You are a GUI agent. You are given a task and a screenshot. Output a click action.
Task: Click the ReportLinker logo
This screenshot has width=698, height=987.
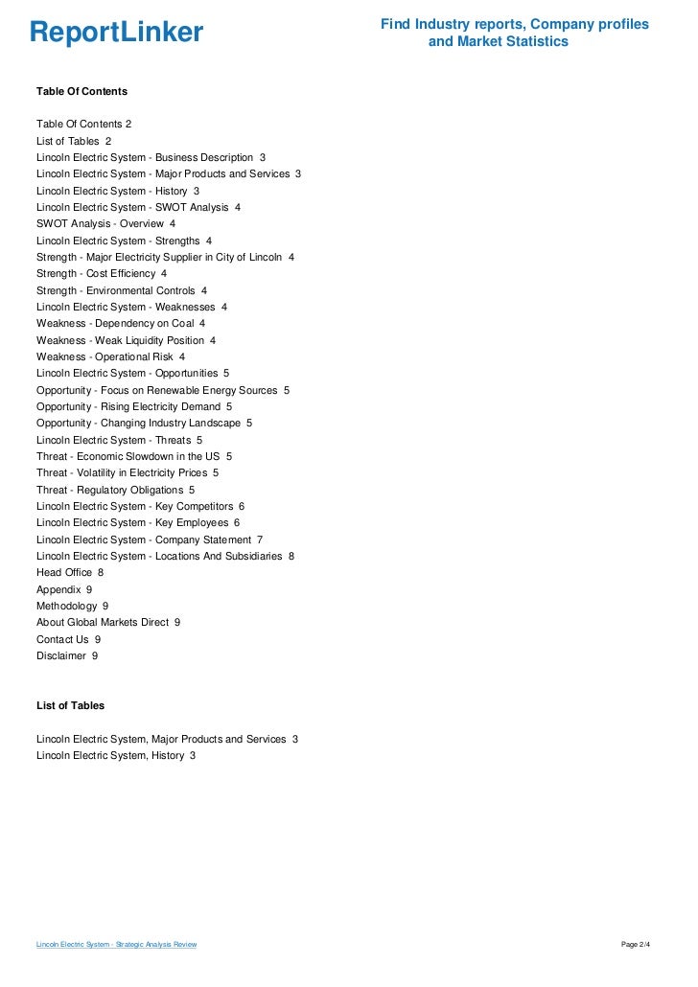tap(116, 33)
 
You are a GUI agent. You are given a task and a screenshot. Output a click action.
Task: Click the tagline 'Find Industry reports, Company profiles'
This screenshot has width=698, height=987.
tap(514, 23)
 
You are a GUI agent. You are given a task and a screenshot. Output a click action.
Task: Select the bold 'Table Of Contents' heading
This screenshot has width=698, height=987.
tap(81, 91)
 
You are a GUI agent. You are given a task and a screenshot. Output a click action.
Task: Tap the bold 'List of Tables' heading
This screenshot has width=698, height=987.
tap(70, 705)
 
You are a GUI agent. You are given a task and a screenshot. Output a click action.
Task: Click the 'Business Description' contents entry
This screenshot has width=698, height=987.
tap(151, 157)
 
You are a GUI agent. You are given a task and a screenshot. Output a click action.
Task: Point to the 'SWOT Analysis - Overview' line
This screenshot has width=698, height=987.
tap(105, 223)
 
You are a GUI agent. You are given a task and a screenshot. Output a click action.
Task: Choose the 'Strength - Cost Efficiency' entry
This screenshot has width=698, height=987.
tap(101, 273)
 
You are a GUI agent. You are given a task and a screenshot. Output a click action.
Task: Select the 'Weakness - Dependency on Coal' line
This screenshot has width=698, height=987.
tap(120, 323)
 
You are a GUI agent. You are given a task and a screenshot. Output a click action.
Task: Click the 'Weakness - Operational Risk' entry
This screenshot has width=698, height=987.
tap(110, 356)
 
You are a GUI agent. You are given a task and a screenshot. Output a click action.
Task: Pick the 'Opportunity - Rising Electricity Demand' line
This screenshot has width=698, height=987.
tap(133, 406)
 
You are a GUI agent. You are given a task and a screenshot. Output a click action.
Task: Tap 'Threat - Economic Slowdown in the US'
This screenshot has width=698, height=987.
tap(133, 456)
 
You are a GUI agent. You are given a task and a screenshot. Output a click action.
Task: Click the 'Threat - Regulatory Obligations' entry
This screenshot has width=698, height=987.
tap(115, 490)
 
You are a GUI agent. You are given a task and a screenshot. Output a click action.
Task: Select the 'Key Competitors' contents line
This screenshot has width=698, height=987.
tap(140, 506)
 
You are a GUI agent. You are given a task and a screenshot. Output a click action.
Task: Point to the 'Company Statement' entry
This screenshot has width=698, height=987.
tap(149, 539)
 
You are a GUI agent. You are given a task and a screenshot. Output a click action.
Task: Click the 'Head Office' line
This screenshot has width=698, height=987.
tap(69, 572)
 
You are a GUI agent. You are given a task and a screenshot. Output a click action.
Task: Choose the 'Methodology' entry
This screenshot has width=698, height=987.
tap(72, 606)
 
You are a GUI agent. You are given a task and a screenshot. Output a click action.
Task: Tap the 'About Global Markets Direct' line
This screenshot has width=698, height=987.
tap(107, 622)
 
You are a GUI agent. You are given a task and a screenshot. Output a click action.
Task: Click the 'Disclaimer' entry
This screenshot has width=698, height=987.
tap(66, 655)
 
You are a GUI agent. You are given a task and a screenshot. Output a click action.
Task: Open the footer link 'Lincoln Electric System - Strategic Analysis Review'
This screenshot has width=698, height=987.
tap(116, 945)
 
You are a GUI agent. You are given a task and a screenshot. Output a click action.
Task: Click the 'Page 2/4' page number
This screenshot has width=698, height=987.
tap(636, 945)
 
